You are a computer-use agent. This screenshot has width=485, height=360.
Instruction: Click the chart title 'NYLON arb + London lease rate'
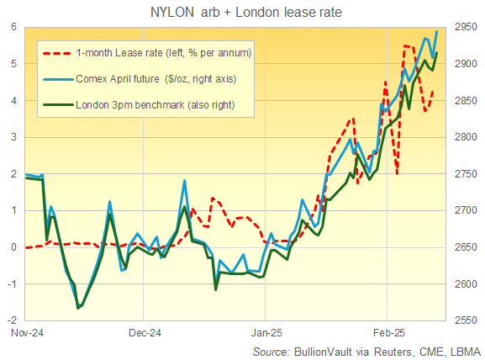click(x=243, y=12)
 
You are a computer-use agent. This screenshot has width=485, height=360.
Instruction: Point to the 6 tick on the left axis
click(x=14, y=27)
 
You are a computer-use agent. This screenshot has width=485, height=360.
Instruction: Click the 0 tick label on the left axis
click(x=14, y=247)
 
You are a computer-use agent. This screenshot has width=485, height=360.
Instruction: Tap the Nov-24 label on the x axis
click(x=26, y=333)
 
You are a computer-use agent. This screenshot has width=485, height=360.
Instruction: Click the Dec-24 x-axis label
click(x=145, y=333)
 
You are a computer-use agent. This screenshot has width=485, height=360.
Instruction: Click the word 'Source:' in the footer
click(x=271, y=349)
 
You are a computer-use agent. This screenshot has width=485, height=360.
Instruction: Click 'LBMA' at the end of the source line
click(x=461, y=349)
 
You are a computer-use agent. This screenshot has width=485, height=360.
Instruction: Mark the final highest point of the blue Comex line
click(x=436, y=32)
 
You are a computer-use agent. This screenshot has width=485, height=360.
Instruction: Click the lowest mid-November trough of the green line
click(x=78, y=309)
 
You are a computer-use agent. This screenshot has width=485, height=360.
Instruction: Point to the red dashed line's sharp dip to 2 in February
click(x=397, y=174)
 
